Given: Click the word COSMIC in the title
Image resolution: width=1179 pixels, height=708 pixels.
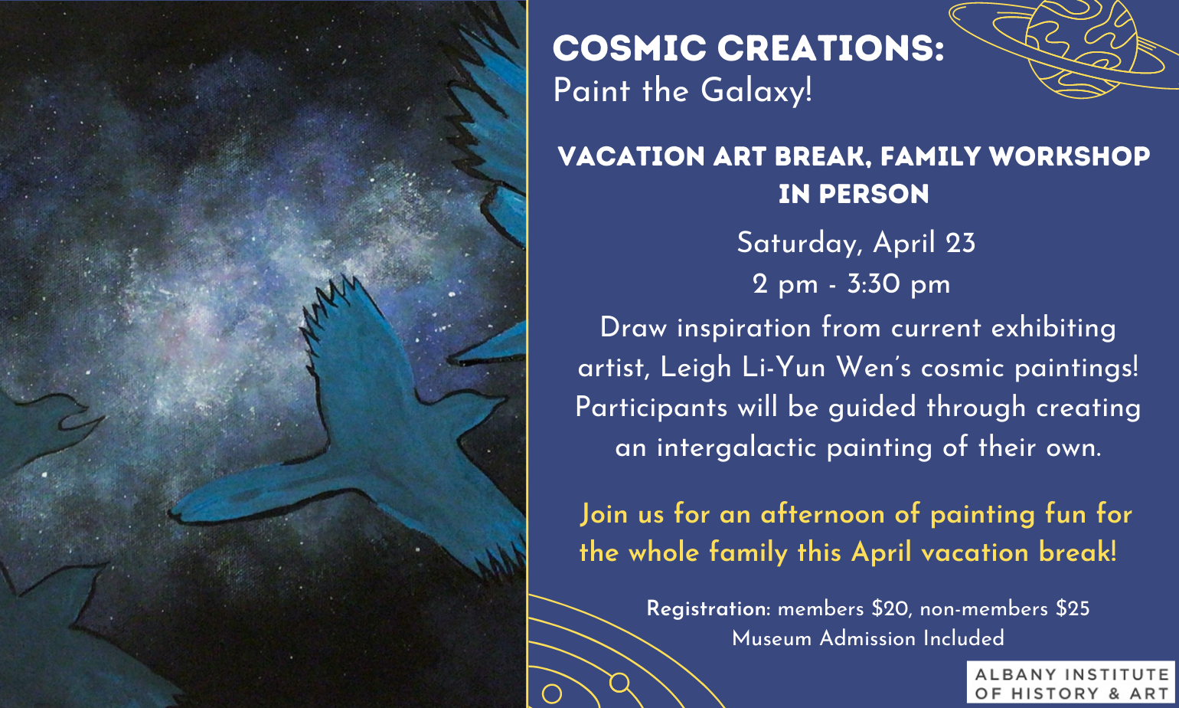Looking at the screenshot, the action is (x=629, y=48).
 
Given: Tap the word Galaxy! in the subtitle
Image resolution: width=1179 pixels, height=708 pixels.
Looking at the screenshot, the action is (x=756, y=90).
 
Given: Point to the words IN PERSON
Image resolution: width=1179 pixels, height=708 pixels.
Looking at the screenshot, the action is (x=854, y=194).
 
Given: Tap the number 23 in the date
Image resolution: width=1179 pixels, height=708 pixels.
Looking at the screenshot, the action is (x=960, y=243).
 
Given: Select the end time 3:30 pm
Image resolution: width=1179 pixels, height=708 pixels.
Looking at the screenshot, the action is (x=899, y=284).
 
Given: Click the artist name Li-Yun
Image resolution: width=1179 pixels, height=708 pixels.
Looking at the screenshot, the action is (x=784, y=367).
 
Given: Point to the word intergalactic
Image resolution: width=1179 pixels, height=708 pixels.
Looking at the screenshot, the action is (x=736, y=448).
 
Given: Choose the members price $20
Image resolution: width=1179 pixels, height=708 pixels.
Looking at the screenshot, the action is (x=890, y=609).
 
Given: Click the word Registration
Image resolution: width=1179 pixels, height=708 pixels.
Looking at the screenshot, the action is (x=708, y=609).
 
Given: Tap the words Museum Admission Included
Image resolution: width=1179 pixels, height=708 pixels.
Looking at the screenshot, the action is (x=868, y=639).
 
